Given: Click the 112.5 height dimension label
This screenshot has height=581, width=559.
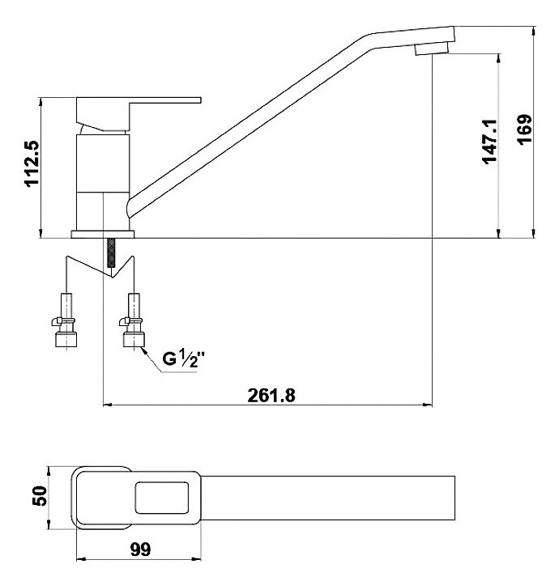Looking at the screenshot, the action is [32, 163].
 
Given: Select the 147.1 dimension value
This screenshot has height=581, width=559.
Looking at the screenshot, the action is [489, 142].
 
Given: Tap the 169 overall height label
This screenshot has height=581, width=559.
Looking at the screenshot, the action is [524, 130].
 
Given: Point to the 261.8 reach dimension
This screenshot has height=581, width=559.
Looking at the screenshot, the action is [271, 396].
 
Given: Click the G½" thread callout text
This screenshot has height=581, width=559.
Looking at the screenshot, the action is [184, 359].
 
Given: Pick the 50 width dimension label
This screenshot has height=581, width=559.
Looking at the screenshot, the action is [40, 496].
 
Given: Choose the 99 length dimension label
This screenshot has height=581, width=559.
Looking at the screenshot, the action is [141, 549].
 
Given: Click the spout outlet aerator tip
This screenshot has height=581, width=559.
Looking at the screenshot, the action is [431, 49].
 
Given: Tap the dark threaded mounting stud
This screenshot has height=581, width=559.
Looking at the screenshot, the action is [110, 252].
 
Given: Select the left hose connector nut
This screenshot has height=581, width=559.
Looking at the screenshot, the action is [66, 339].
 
